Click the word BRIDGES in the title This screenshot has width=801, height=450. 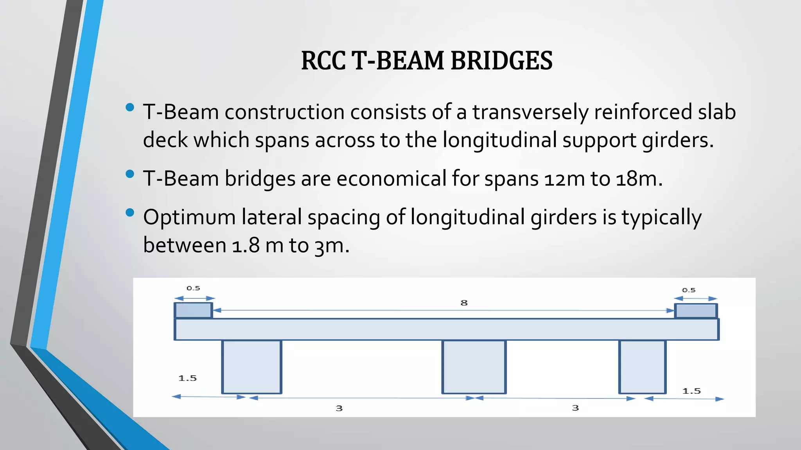(501, 61)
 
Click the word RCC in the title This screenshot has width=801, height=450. (323, 61)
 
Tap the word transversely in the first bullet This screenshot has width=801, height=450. (530, 112)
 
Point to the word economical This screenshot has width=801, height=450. (392, 179)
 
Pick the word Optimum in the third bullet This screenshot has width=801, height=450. (189, 217)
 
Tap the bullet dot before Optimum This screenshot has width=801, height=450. (130, 213)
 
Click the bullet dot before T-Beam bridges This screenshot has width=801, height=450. (130, 174)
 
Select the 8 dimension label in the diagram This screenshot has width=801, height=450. (464, 303)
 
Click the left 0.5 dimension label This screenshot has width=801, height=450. (193, 288)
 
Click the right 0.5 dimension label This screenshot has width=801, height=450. (688, 290)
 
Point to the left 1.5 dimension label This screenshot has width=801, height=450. (188, 378)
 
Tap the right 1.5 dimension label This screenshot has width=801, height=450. (691, 391)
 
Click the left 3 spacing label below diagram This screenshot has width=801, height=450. (339, 408)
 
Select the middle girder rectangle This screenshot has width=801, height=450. (474, 366)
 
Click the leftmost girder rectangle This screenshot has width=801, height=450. (251, 366)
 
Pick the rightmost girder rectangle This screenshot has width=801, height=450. (642, 366)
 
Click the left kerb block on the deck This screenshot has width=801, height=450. (193, 311)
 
